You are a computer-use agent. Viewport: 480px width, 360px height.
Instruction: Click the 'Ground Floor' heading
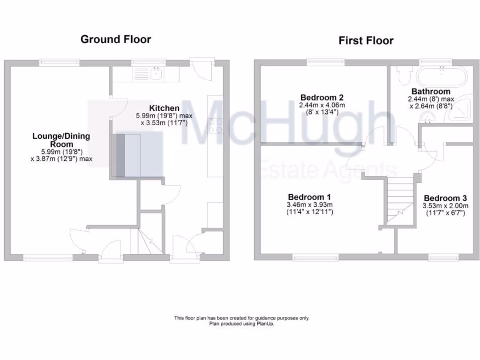coord(116,39)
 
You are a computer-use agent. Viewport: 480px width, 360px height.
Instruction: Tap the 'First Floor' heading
coord(366,40)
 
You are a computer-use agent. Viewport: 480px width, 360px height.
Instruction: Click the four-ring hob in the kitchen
coord(215,125)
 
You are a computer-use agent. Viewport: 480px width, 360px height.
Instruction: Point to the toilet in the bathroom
coord(403,75)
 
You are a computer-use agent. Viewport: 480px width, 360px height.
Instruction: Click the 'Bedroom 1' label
coord(309,197)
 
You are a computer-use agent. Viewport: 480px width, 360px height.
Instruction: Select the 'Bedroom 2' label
coord(322,97)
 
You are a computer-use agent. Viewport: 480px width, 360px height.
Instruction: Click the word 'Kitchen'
coord(164,108)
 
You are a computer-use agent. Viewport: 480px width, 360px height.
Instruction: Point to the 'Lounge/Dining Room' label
coord(61,140)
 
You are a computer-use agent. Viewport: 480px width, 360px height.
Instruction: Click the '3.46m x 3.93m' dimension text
coord(309,205)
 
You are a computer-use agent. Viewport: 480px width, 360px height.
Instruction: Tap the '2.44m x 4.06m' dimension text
coord(322,105)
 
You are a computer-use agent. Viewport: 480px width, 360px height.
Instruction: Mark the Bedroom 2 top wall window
coord(325,62)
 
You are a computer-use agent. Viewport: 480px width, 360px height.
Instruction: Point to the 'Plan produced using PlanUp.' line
coord(241,323)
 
